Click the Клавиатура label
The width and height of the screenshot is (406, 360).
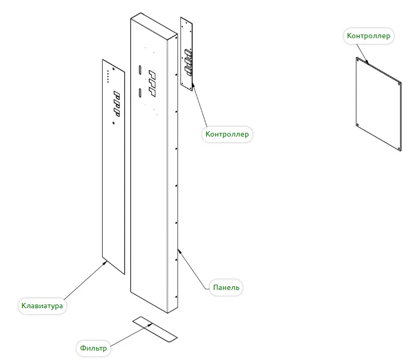click(43, 305)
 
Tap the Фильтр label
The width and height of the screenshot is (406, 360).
click(94, 348)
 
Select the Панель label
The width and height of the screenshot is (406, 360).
click(226, 287)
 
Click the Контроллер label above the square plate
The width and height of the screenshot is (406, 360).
click(369, 36)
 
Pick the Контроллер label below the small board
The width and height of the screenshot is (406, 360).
click(227, 134)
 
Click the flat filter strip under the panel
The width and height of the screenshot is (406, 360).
click(155, 329)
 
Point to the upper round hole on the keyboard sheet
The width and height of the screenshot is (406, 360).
click(114, 69)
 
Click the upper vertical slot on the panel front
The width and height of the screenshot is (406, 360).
click(140, 69)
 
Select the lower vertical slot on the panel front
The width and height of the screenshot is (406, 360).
click(140, 93)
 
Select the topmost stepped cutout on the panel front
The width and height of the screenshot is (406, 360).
click(152, 74)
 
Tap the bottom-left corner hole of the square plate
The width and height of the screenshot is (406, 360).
click(357, 125)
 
